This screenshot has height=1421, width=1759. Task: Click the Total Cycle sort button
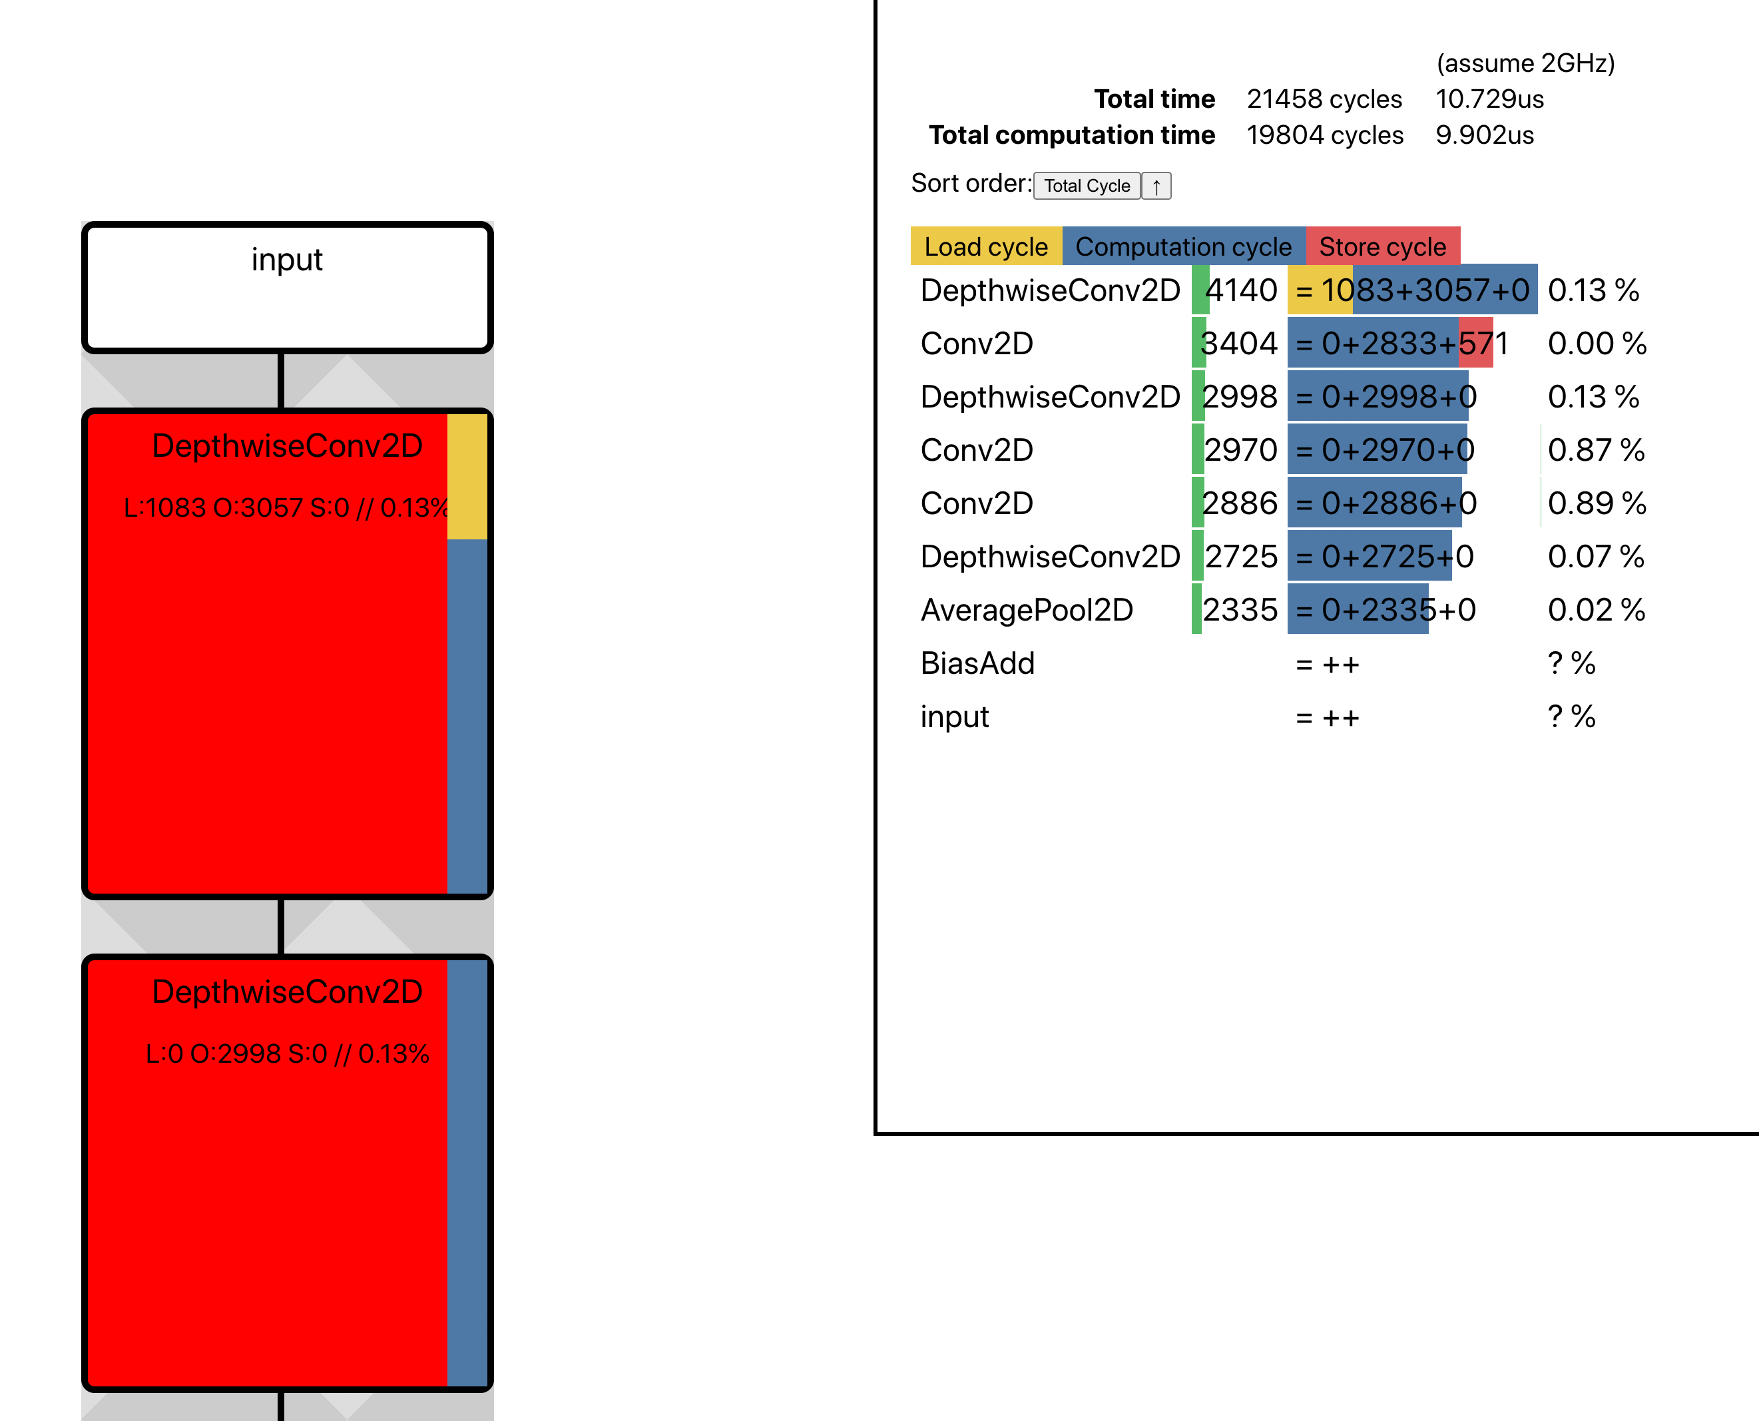[1086, 186]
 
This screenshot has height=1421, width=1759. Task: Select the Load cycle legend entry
[985, 246]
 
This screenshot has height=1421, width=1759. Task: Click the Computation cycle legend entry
[1182, 246]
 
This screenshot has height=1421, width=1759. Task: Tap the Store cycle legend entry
[1382, 246]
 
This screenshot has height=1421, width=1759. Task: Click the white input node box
[286, 287]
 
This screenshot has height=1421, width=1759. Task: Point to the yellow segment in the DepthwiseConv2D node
[467, 476]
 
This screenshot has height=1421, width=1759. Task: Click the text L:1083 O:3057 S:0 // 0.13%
[286, 508]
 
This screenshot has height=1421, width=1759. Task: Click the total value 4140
[1241, 290]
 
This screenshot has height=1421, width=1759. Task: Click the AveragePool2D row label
[1027, 610]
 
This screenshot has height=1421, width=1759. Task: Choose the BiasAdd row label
[977, 663]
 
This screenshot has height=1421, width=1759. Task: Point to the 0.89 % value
[1596, 503]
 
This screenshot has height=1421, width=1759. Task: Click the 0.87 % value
[1596, 450]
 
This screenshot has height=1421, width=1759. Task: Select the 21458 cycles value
[1324, 99]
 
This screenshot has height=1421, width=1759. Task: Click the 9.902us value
[1485, 135]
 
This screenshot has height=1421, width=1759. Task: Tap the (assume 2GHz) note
[1525, 63]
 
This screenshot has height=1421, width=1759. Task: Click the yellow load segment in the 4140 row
[1320, 290]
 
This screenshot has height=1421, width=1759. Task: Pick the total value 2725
[1241, 557]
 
